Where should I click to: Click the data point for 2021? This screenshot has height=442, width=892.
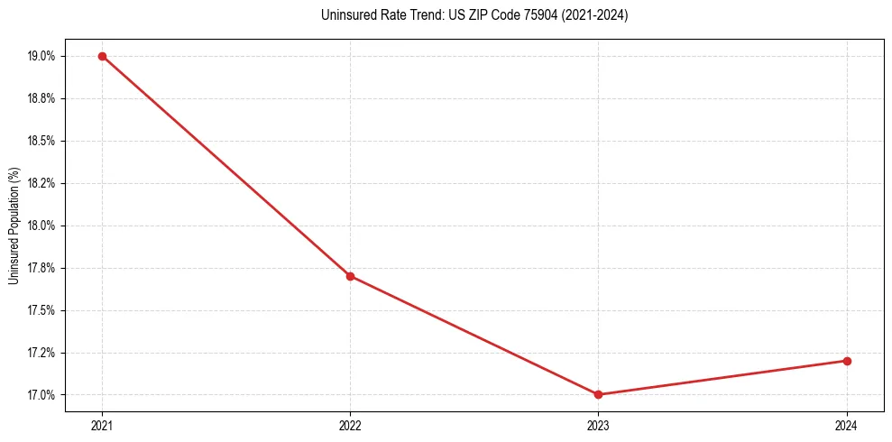click(102, 56)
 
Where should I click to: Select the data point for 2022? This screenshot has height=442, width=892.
click(350, 276)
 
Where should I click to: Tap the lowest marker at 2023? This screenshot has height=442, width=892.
click(599, 394)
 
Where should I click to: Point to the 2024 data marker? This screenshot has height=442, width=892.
click(847, 361)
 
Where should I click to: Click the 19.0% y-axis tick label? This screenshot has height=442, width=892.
click(41, 56)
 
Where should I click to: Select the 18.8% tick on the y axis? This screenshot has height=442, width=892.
click(41, 98)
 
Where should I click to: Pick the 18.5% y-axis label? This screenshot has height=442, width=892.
click(41, 141)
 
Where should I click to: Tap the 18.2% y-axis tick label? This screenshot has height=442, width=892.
click(41, 183)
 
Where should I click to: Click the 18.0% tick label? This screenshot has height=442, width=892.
click(41, 226)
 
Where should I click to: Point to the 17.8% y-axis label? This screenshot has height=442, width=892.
click(41, 268)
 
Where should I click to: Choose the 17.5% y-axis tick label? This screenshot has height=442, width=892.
click(41, 310)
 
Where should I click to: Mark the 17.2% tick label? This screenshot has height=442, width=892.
click(41, 353)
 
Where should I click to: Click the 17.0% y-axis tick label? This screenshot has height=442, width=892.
click(41, 395)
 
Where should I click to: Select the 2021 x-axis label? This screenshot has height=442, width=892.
click(102, 425)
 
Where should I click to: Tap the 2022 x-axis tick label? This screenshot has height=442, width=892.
click(350, 425)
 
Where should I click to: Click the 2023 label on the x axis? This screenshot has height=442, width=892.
click(599, 425)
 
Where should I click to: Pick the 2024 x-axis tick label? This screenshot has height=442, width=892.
click(847, 425)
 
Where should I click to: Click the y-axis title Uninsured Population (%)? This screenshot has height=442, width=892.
click(14, 226)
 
